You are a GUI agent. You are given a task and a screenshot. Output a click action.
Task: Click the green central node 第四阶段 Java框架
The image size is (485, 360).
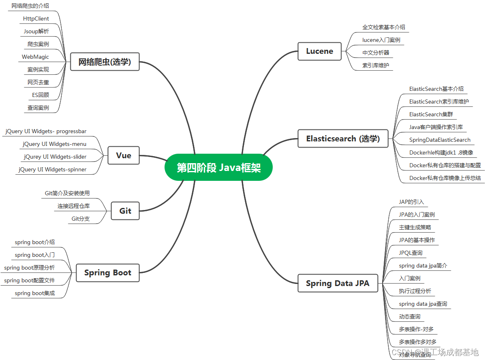[218, 168]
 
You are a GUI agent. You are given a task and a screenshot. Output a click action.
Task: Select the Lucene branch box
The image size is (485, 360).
[320, 51]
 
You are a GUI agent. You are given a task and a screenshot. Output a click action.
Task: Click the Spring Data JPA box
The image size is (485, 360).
[337, 283]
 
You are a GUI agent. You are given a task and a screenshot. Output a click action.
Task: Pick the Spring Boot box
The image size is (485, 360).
[108, 272]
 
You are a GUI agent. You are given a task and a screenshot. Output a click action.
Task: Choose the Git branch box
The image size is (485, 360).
[125, 211]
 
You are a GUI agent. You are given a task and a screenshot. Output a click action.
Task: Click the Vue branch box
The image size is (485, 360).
[124, 155]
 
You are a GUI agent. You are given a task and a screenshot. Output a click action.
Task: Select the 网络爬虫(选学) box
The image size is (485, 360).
[105, 62]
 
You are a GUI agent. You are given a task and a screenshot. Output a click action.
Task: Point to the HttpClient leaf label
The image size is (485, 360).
[36, 18]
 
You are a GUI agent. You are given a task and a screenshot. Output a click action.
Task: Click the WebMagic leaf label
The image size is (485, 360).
[35, 57]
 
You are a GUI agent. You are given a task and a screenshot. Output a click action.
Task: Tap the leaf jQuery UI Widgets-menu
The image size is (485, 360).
[55, 144]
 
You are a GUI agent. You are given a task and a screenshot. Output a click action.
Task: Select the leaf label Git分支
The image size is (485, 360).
[81, 219]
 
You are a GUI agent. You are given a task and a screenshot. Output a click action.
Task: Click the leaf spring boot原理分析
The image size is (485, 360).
[29, 268]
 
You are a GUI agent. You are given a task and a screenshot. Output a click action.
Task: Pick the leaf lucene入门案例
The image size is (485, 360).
[381, 40]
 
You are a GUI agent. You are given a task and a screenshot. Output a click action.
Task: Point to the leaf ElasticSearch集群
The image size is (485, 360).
[431, 114]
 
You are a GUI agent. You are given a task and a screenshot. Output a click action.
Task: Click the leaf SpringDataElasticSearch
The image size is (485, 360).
[440, 140]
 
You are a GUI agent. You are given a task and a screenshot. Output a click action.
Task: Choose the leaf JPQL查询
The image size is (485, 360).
[411, 253]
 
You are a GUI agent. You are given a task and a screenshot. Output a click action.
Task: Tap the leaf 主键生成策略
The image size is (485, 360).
[415, 227]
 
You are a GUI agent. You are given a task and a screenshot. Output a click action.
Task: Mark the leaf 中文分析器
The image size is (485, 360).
[376, 53]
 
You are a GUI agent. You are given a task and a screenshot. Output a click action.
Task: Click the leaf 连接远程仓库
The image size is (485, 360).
[74, 206]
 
